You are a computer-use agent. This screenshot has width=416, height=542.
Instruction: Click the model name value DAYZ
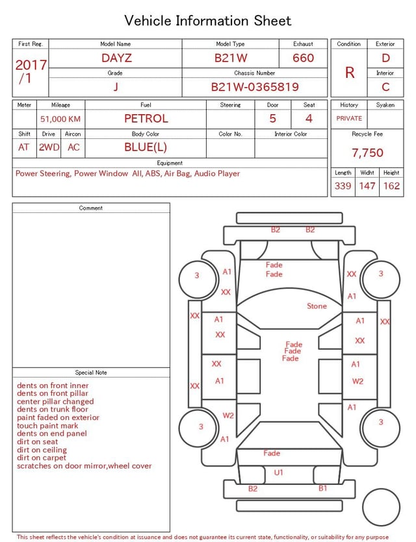[116, 58]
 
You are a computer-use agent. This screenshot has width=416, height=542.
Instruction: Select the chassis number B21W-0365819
[255, 87]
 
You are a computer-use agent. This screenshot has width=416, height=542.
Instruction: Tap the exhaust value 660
[303, 58]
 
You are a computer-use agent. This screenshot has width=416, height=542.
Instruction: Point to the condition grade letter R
[350, 73]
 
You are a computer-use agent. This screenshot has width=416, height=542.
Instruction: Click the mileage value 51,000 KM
[60, 119]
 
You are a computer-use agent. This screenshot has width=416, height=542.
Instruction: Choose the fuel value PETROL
[146, 119]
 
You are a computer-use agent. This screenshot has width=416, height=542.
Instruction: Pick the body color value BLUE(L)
[146, 147]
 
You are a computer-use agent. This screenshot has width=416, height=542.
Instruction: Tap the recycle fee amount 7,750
[367, 153]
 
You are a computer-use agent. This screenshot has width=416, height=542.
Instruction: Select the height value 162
[391, 186]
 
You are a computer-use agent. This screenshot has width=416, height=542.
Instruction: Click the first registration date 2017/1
[31, 71]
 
